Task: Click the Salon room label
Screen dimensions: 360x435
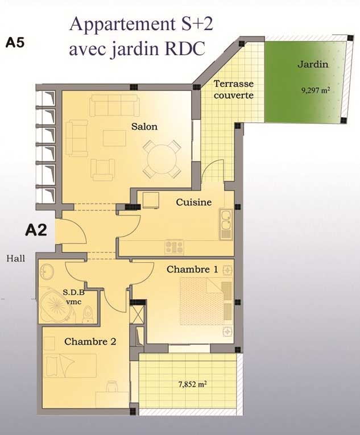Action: (144, 127)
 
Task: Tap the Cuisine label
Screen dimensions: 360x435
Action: (194, 202)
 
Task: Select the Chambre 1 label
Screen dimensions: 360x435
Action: (192, 270)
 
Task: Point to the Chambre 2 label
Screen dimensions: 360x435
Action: (90, 342)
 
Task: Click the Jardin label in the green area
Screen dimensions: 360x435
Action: (313, 64)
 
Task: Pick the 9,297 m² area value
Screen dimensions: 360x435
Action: (316, 90)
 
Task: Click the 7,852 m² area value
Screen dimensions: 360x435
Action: (193, 384)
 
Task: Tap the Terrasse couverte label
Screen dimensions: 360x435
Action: (234, 89)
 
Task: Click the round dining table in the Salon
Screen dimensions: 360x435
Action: (162, 159)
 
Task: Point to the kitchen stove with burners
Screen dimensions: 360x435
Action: (174, 247)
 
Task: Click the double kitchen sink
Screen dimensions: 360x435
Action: (226, 224)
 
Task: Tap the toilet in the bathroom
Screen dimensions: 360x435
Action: (88, 314)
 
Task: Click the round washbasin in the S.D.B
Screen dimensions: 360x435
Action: (47, 271)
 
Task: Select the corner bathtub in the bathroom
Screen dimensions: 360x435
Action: (56, 305)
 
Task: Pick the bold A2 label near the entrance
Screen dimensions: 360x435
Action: (36, 230)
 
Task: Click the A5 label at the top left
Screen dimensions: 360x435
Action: (15, 43)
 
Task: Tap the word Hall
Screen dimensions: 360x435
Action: (16, 259)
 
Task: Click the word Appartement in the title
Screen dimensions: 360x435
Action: (122, 24)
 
